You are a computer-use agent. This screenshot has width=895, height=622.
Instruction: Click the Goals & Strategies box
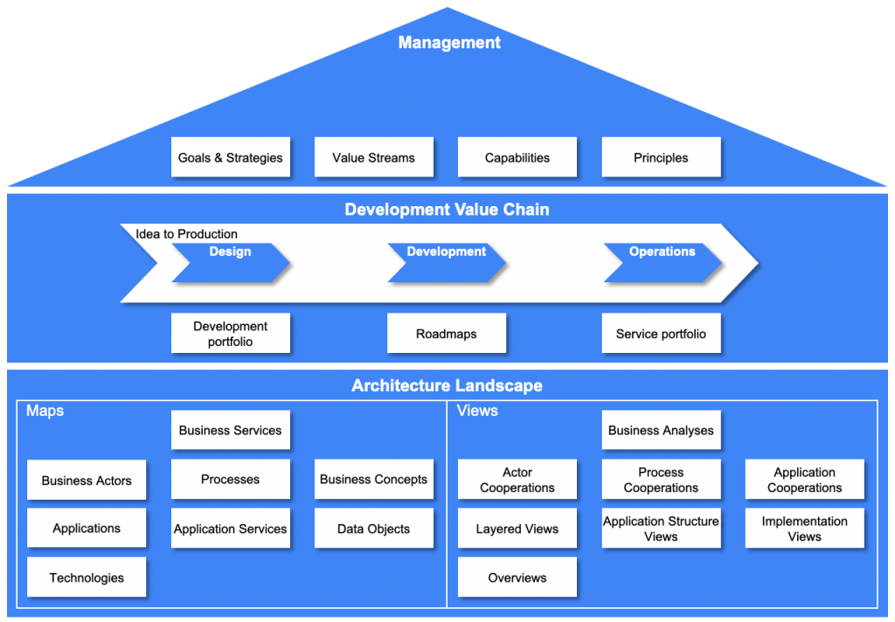click(230, 157)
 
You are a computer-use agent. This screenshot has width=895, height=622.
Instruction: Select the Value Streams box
click(373, 157)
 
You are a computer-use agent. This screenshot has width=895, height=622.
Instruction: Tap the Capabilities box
click(517, 157)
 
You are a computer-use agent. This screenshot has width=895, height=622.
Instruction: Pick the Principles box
click(661, 157)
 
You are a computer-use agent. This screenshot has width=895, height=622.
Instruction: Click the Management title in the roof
click(449, 42)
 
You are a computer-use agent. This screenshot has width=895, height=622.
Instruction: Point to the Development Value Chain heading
click(447, 210)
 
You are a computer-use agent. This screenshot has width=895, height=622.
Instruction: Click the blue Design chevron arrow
click(230, 263)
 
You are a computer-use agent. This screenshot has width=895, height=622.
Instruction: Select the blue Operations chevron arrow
click(662, 263)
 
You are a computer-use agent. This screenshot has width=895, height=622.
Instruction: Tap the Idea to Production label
click(186, 233)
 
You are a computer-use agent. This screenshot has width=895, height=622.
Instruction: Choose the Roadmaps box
click(446, 334)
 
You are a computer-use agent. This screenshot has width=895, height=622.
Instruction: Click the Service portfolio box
click(661, 334)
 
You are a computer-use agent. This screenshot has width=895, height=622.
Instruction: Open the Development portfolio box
click(230, 334)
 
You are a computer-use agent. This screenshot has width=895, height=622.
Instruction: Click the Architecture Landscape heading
click(447, 385)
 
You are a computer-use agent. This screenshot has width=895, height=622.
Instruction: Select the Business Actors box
click(87, 480)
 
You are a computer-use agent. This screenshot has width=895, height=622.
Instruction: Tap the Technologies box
click(87, 577)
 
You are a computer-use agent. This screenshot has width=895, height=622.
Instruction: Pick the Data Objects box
click(373, 529)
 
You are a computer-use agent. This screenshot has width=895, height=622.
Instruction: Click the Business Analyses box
click(661, 430)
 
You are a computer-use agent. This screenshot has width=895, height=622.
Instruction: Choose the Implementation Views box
click(804, 529)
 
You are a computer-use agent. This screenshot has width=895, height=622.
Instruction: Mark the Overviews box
click(517, 577)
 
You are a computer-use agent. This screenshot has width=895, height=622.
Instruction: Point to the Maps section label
click(45, 411)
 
